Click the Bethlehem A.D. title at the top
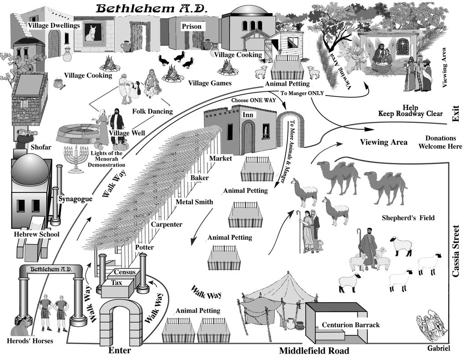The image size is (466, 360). (x=152, y=8)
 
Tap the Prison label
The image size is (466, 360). (x=192, y=26)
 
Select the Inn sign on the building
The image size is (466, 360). (x=248, y=115)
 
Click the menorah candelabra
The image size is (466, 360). (x=76, y=159)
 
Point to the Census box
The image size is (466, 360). (x=125, y=272)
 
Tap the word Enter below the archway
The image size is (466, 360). (x=120, y=350)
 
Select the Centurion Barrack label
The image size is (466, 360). (x=351, y=325)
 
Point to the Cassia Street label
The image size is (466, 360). (x=456, y=252)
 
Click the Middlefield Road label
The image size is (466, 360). (x=314, y=351)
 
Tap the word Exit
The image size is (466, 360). (x=456, y=114)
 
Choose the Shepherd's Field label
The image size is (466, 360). (x=408, y=218)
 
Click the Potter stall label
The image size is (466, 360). (x=144, y=247)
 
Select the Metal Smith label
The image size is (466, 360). (x=194, y=202)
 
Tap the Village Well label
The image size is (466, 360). (x=127, y=133)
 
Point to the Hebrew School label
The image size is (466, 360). (x=36, y=234)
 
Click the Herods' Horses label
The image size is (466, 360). (x=30, y=341)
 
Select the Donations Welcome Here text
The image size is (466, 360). (x=441, y=142)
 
